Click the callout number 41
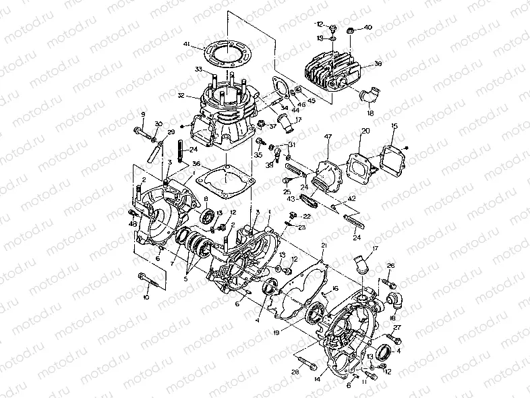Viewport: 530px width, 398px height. pos(185,45)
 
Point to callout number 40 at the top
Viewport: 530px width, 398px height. pos(368,28)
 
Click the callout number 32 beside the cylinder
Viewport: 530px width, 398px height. pos(181,96)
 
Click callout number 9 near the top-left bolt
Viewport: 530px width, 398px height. pos(143,114)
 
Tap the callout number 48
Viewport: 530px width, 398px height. pos(134,224)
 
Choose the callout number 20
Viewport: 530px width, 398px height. pos(365,132)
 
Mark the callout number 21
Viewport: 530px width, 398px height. pos(324,246)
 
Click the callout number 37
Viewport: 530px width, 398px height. pos(273,126)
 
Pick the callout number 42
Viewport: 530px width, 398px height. pos(351,200)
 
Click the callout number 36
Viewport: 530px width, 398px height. pos(196,163)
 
